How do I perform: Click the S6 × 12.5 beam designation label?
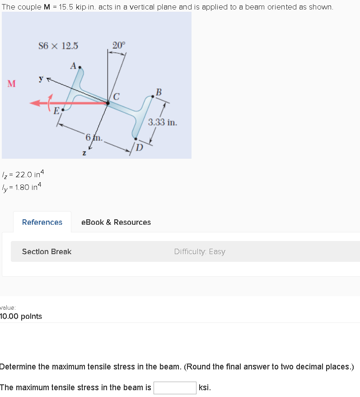click(58, 46)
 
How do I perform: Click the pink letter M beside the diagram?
click(12, 84)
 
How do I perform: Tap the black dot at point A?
click(80, 68)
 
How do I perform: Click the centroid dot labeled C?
click(108, 103)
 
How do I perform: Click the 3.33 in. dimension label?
click(163, 122)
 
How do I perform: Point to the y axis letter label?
click(41, 79)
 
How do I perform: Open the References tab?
click(42, 222)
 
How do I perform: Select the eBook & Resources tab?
click(116, 222)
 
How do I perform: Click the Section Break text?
click(47, 251)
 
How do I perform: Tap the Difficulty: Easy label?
click(200, 251)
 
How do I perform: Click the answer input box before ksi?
click(175, 388)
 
